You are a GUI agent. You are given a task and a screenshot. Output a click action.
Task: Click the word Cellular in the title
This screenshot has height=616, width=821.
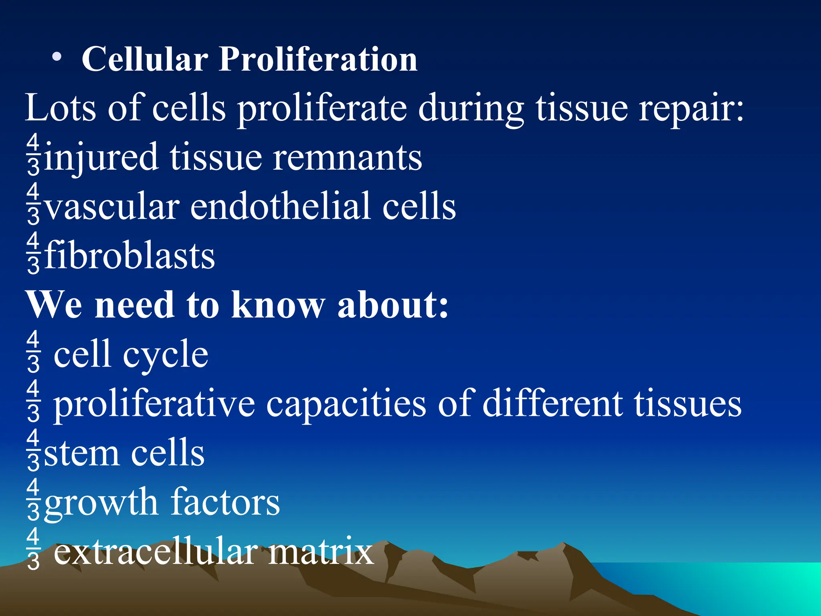pos(145,59)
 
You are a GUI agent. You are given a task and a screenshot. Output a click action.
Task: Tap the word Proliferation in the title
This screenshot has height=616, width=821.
pos(318,59)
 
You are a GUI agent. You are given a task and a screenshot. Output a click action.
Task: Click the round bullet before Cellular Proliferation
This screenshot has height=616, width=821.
pos(57,57)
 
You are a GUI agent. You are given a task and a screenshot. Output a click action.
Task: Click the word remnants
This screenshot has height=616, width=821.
pos(347,157)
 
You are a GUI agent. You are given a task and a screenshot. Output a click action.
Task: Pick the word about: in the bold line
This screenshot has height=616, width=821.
pos(393,305)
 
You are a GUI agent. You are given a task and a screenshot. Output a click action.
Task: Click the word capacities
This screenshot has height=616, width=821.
pos(346,404)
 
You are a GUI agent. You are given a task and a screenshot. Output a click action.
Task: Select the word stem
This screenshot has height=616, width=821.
pos(81,453)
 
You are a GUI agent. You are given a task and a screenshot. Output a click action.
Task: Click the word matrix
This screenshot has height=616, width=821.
pos(321,552)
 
